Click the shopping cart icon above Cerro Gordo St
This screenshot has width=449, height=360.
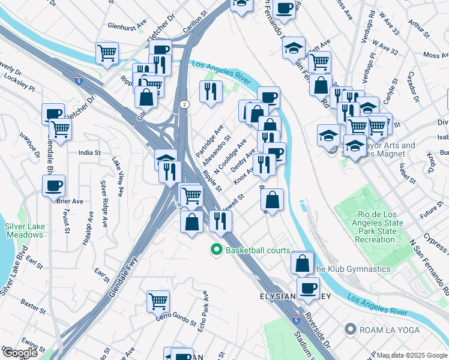click(x=158, y=299)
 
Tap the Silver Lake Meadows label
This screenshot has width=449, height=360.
click(x=24, y=230)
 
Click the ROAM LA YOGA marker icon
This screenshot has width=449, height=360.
click(x=350, y=329)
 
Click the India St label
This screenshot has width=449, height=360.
click(x=89, y=153)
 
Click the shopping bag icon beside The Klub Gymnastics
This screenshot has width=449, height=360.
click(x=303, y=262)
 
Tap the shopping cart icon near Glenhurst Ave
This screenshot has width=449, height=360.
click(x=107, y=52)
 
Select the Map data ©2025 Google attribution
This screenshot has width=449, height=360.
click(x=411, y=355)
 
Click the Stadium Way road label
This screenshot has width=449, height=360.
click(x=303, y=340)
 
